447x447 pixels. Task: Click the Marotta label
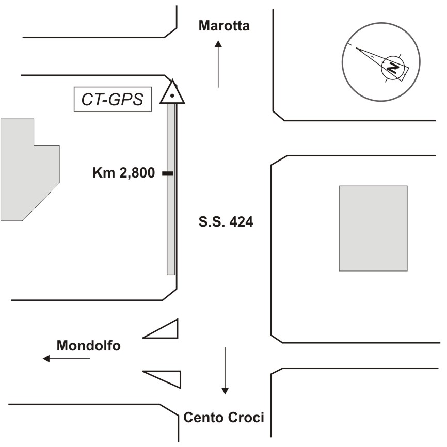click(224, 26)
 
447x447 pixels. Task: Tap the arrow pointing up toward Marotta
click(218, 65)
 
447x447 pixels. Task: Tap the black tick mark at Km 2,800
click(167, 174)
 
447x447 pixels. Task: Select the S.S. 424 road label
click(226, 223)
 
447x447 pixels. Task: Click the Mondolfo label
click(88, 345)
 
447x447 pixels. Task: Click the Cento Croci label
click(224, 417)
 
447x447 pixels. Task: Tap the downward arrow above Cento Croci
click(225, 371)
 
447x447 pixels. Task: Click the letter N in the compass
click(393, 68)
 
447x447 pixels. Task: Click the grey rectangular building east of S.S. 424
click(373, 228)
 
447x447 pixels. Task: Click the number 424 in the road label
click(241, 223)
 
